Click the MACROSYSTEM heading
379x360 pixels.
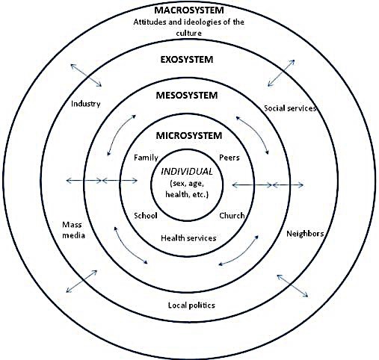(189, 10)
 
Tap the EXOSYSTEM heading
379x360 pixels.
(187, 60)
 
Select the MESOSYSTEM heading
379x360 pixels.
(187, 95)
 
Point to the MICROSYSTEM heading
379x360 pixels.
(189, 136)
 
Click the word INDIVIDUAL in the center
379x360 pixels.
(187, 172)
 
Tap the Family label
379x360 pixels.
(146, 158)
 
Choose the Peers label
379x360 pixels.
(229, 158)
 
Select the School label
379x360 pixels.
(146, 215)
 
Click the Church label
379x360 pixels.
(232, 215)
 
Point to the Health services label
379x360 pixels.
(188, 238)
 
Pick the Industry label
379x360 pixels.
(86, 104)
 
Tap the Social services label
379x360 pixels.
(290, 108)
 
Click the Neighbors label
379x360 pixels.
(305, 234)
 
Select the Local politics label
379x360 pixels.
(191, 305)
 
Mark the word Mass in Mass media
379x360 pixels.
(72, 225)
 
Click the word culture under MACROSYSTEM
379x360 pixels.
(188, 33)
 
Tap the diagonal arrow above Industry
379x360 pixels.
(86, 75)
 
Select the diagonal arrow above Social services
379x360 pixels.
(281, 73)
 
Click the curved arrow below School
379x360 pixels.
(129, 247)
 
